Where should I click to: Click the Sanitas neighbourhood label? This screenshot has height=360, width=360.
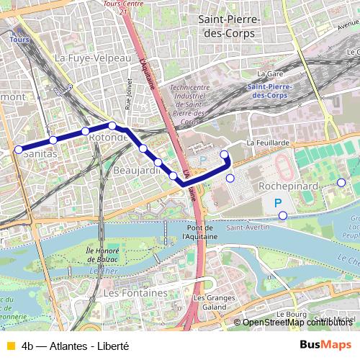click(40, 153)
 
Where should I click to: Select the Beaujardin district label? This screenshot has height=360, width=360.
click(136, 171)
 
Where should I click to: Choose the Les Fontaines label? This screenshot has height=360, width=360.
click(135, 294)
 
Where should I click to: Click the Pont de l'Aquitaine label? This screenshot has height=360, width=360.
click(199, 231)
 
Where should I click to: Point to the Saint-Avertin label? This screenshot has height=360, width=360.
click(243, 228)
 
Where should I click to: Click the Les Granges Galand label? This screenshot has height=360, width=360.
click(210, 303)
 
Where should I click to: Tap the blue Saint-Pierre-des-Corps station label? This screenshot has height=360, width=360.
click(268, 91)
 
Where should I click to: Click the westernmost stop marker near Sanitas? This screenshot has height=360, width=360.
click(18, 150)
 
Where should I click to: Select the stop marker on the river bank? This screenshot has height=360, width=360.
click(283, 215)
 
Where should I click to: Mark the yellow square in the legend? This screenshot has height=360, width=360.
click(9, 345)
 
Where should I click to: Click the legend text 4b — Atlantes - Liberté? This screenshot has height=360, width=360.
click(76, 345)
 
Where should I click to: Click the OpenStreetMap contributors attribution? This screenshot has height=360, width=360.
click(298, 322)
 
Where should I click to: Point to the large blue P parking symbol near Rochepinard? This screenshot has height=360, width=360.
click(278, 204)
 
